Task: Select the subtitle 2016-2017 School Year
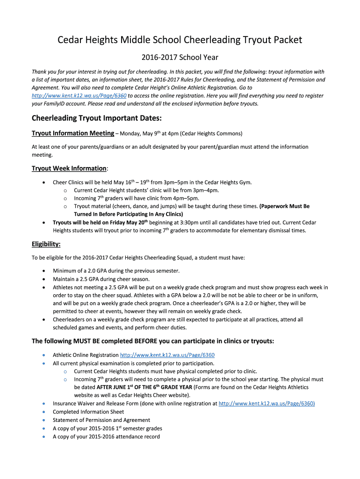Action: click(x=180, y=58)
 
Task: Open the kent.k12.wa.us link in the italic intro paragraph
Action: click(x=79, y=95)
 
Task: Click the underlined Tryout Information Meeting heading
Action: click(x=72, y=133)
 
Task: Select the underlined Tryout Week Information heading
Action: click(x=69, y=168)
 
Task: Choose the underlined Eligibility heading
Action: click(x=46, y=244)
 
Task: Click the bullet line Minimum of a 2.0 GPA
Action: click(x=109, y=271)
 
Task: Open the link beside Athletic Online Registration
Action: click(x=167, y=355)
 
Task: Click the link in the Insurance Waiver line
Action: click(x=266, y=403)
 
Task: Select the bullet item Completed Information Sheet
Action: click(x=88, y=412)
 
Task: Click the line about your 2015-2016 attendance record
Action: click(x=106, y=437)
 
